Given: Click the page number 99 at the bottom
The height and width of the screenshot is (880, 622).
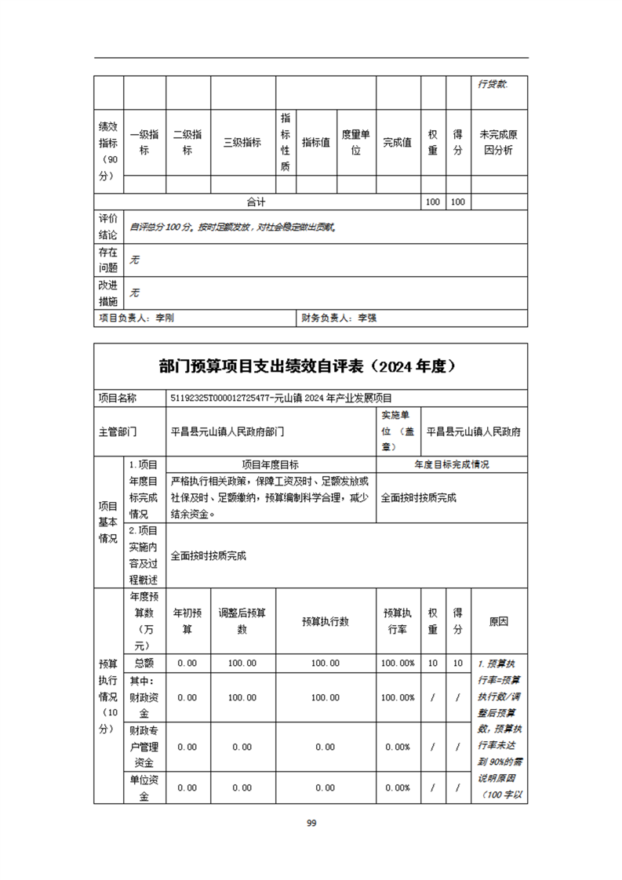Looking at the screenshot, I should pyautogui.click(x=311, y=823).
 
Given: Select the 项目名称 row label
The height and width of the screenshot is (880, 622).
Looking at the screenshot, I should pyautogui.click(x=118, y=398).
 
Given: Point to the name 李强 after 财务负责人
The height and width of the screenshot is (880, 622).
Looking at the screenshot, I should pyautogui.click(x=367, y=318).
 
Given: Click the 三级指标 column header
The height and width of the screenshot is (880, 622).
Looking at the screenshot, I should pyautogui.click(x=242, y=143).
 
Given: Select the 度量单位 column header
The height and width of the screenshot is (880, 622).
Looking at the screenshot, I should pyautogui.click(x=355, y=143).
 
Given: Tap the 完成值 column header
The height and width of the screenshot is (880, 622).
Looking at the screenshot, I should pyautogui.click(x=398, y=143).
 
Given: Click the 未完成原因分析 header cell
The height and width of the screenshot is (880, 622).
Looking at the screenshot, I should pyautogui.click(x=499, y=143).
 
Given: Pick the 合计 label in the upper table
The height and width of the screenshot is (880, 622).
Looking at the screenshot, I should pyautogui.click(x=256, y=202).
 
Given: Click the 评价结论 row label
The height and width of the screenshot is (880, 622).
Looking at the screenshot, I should pyautogui.click(x=108, y=227).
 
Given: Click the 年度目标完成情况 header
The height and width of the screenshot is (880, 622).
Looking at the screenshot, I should pyautogui.click(x=452, y=464).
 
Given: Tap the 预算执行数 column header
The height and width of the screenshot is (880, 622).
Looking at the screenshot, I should pyautogui.click(x=326, y=621).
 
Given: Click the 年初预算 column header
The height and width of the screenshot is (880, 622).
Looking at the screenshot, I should pyautogui.click(x=187, y=621).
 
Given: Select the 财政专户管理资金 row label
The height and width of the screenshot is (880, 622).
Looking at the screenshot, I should pyautogui.click(x=144, y=747).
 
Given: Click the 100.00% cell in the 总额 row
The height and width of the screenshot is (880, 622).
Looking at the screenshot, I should pyautogui.click(x=398, y=664).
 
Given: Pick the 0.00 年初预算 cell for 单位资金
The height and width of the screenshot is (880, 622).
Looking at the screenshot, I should pyautogui.click(x=187, y=788).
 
